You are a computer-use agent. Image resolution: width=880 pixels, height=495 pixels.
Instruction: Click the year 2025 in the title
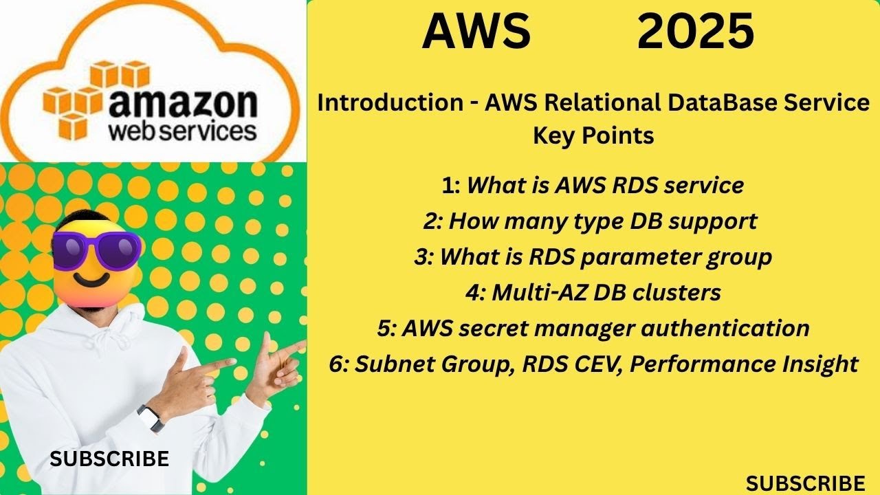695,32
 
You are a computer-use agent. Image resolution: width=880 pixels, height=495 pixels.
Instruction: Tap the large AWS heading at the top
476,32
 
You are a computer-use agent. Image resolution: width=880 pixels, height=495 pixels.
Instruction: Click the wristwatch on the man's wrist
151,417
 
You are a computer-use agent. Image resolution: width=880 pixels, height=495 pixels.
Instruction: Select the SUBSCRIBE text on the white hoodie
109,459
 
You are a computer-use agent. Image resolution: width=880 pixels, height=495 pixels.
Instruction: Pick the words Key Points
593,135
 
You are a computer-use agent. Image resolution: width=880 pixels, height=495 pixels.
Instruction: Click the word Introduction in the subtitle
390,103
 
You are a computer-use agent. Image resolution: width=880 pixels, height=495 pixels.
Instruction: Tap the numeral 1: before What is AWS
452,185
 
